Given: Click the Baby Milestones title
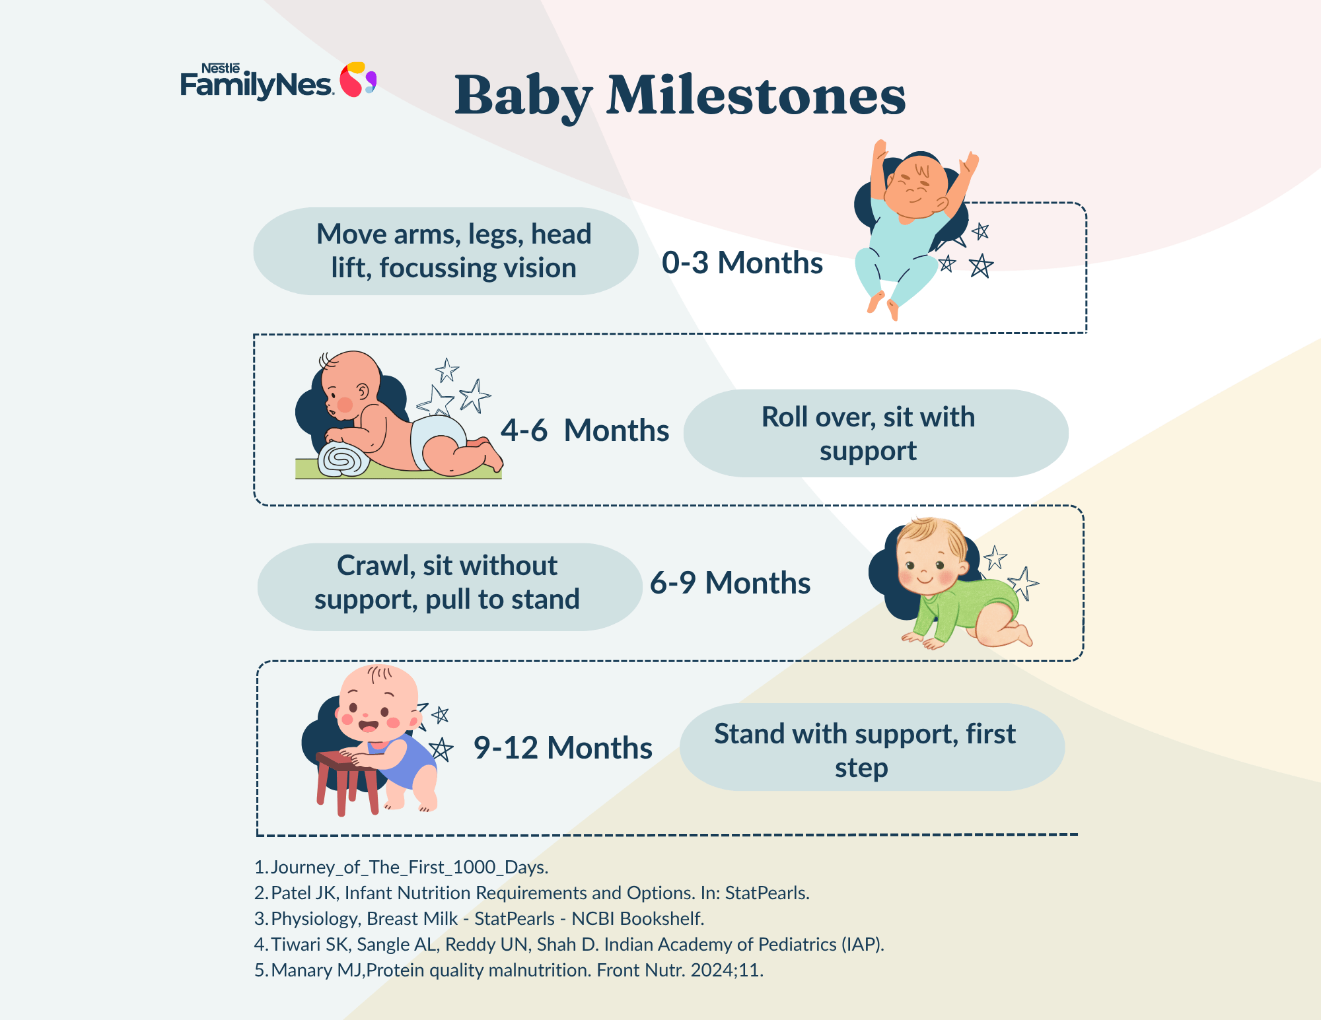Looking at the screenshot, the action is (x=680, y=96).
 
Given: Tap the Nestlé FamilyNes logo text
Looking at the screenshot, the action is (x=256, y=82).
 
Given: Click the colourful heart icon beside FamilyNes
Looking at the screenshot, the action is (x=357, y=79).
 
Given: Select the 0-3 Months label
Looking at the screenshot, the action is (x=742, y=263).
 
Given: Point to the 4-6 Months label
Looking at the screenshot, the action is (x=585, y=430).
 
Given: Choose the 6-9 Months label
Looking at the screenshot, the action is (x=730, y=583).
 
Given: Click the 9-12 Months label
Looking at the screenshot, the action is (x=563, y=748).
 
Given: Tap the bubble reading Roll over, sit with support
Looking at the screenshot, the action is (x=876, y=433).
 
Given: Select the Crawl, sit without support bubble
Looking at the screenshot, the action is (x=449, y=587).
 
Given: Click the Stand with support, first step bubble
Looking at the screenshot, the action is (x=872, y=747).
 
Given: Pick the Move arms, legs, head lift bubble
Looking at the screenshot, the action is (x=446, y=251).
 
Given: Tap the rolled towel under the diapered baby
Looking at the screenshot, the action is (x=343, y=459).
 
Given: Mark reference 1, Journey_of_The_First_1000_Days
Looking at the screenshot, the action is (x=402, y=867).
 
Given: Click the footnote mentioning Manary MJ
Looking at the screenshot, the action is (x=509, y=970).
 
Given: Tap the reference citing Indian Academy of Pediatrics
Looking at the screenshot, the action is (x=569, y=944).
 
